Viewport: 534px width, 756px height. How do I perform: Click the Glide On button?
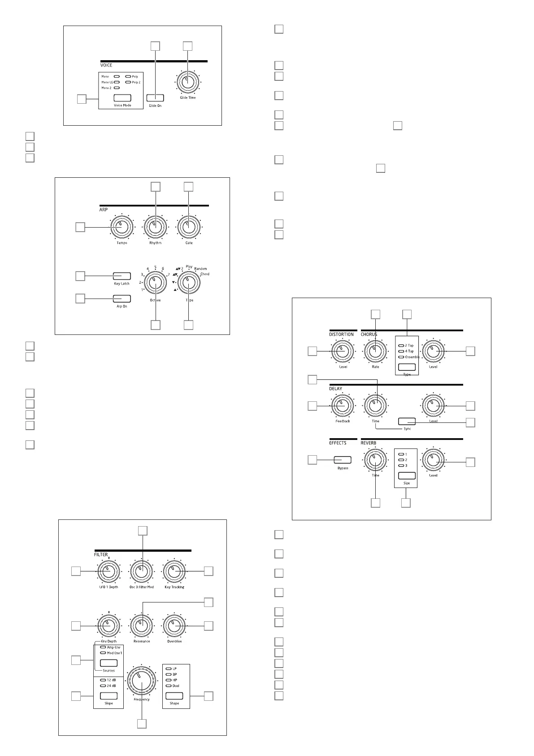[155, 98]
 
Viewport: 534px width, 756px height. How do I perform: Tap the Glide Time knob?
[188, 83]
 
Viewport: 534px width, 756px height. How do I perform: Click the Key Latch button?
[122, 276]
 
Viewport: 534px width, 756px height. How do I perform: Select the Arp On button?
[122, 299]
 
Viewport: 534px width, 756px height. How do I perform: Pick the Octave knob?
[155, 283]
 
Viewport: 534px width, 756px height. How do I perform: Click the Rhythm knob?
[155, 228]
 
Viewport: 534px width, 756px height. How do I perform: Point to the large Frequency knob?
[142, 682]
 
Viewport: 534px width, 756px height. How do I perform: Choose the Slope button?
[109, 696]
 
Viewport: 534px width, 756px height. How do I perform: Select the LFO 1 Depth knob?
[109, 571]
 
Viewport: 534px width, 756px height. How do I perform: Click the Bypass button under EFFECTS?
[343, 460]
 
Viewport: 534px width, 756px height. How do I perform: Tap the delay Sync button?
[407, 421]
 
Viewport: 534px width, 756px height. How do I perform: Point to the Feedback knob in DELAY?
[343, 406]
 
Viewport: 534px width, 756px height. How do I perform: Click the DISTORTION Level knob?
[343, 352]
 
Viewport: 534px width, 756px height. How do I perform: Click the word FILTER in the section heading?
[101, 555]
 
